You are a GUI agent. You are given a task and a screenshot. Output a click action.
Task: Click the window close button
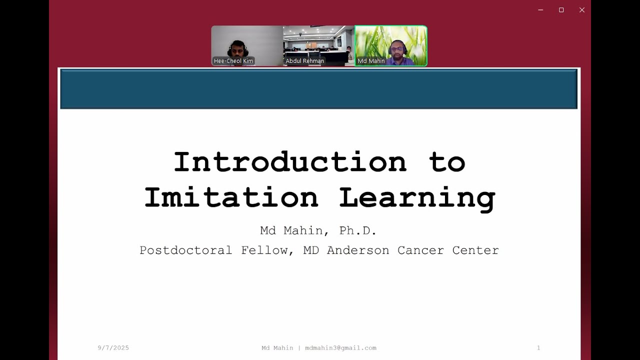coord(582,10)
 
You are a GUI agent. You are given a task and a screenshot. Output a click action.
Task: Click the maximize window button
coord(561,10)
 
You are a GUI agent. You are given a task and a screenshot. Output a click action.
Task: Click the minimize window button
coord(540,10)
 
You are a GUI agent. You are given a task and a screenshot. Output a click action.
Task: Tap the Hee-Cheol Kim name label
coord(233,61)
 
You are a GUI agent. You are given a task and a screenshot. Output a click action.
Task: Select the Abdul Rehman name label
coord(305,61)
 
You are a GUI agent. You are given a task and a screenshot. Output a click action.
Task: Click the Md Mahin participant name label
coord(371,61)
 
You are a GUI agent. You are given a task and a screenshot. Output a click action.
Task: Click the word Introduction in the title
coord(290,162)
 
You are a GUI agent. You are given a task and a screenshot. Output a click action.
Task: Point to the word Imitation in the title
coord(231,197)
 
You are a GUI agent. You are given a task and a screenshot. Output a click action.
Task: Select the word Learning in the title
coord(417,197)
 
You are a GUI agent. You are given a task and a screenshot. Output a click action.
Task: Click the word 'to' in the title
coord(447,162)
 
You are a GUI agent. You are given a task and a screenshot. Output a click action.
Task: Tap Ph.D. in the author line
coord(357,231)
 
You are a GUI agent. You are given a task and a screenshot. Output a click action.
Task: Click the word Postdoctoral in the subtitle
coord(185,250)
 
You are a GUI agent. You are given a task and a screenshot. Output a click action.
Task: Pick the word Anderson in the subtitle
coord(358,250)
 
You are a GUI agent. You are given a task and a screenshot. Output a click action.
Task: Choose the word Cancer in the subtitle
coord(420,250)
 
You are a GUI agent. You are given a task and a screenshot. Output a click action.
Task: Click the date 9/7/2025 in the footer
coord(113,348)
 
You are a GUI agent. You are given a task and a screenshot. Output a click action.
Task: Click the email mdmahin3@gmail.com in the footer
coord(340,348)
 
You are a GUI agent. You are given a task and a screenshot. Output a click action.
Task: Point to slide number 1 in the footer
coord(538,348)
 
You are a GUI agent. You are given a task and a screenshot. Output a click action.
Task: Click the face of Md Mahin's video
coord(397,48)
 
